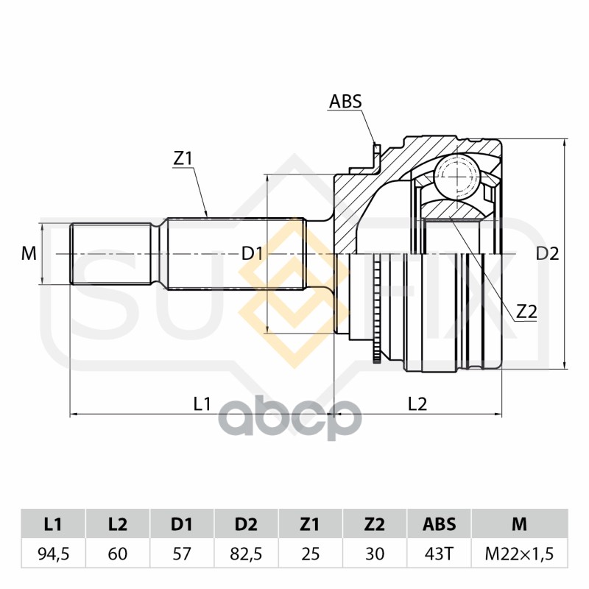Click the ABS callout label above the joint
(345, 102)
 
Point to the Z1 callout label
(183, 158)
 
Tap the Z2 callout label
(526, 311)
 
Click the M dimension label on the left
(29, 254)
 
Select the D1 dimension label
(253, 254)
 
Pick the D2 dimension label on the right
(547, 254)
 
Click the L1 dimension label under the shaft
(202, 403)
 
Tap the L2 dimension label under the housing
(417, 403)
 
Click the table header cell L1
(52, 524)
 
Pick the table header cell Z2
(375, 524)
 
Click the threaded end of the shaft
(110, 254)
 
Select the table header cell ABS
(439, 524)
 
